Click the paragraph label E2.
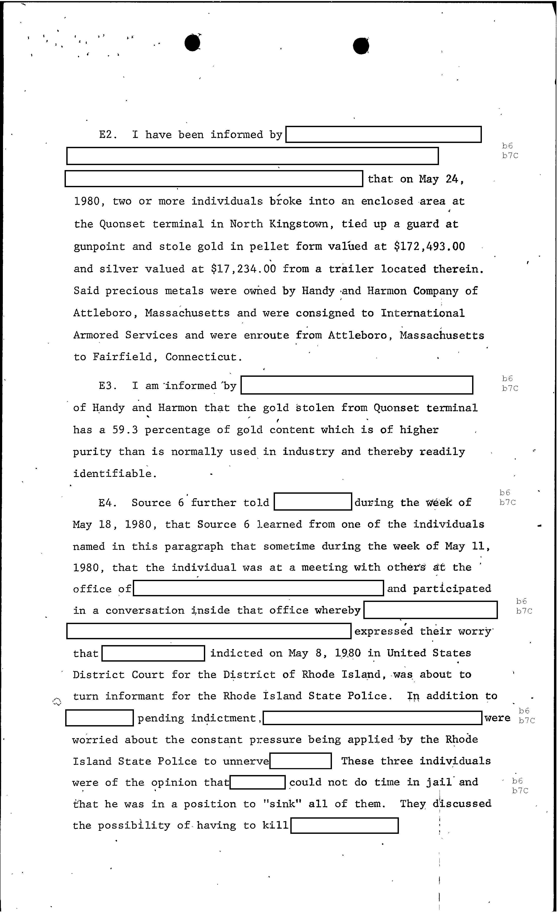(108, 134)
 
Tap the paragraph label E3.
(108, 386)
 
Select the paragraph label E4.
(108, 503)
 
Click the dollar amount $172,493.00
(429, 246)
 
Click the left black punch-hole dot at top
(192, 43)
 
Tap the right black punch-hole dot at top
(361, 46)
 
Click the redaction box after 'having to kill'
(344, 826)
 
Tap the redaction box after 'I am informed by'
(356, 385)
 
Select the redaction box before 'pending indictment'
(99, 718)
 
